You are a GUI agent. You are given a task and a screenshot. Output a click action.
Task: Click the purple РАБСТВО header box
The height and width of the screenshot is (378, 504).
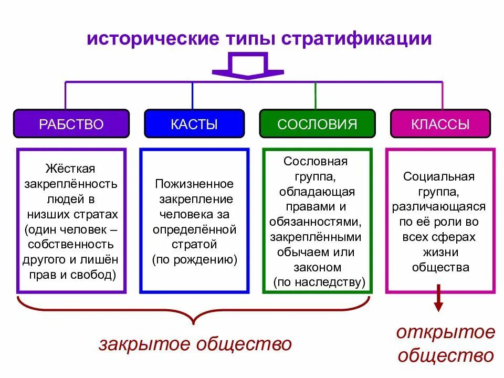pyautogui.click(x=71, y=124)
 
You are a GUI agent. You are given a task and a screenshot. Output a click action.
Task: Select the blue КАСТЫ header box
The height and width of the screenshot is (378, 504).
pyautogui.click(x=194, y=124)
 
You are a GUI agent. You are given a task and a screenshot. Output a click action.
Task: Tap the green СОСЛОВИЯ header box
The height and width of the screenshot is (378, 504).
pyautogui.click(x=317, y=124)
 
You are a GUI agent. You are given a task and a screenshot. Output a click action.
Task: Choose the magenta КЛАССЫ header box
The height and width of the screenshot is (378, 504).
pyautogui.click(x=440, y=124)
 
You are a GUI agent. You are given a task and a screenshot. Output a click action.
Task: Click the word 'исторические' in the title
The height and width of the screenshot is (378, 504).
pyautogui.click(x=139, y=39)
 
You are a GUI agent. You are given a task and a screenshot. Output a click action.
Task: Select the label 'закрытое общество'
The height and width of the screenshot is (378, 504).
pyautogui.click(x=195, y=344)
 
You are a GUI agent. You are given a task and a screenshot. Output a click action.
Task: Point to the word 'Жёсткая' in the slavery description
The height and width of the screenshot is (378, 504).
pyautogui.click(x=70, y=169)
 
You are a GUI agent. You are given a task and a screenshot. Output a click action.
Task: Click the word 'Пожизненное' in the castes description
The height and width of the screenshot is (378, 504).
pyautogui.click(x=194, y=184)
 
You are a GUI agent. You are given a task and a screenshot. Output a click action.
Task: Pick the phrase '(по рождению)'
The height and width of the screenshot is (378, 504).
pyautogui.click(x=195, y=260)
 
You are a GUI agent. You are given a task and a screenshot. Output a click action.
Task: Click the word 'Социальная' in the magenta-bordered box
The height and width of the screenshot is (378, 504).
pyautogui.click(x=439, y=176)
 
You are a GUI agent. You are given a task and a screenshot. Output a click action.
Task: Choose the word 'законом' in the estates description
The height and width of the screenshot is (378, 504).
pyautogui.click(x=318, y=267)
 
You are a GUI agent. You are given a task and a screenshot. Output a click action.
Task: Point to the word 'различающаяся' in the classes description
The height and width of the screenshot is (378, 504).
pyautogui.click(x=439, y=207)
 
